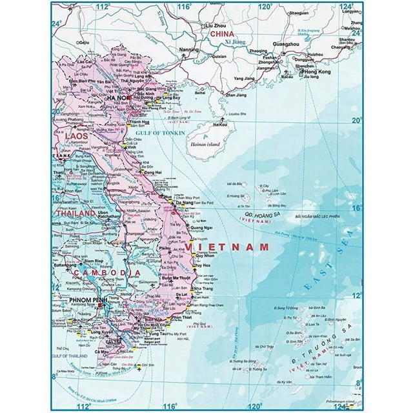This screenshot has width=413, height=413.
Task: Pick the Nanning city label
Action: [189, 48]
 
